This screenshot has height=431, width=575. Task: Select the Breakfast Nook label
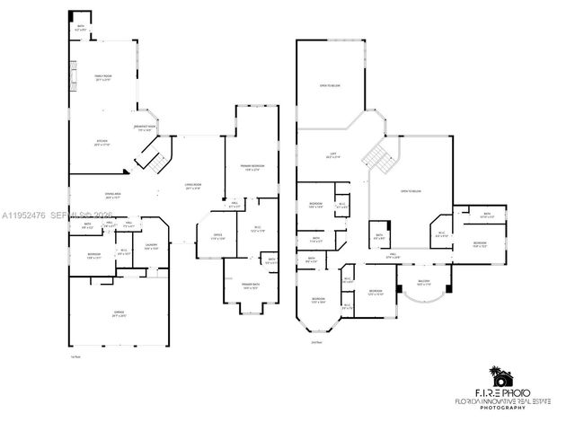[x=145, y=128]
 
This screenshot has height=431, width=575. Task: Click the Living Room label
[x=192, y=186]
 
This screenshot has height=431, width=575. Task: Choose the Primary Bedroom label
[x=252, y=167]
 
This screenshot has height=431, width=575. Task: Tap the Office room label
[x=217, y=236]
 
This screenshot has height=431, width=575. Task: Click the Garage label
[x=119, y=314]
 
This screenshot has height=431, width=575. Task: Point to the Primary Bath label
[x=249, y=286]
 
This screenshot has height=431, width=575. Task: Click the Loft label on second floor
[x=332, y=155]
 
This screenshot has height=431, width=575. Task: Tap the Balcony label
[x=423, y=283]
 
